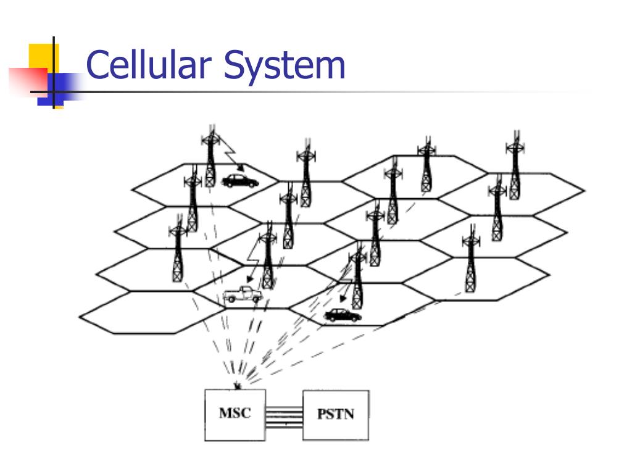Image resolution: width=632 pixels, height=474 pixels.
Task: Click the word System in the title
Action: [x=285, y=66]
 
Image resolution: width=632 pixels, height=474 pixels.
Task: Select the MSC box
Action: [x=235, y=415]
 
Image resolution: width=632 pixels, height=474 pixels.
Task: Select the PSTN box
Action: [x=336, y=415]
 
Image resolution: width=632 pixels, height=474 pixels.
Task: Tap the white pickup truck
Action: [x=242, y=294]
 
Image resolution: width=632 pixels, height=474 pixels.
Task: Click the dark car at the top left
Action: [x=239, y=181]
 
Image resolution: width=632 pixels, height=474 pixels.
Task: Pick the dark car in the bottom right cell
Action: [x=343, y=315]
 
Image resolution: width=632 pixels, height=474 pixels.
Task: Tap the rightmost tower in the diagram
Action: [x=515, y=165]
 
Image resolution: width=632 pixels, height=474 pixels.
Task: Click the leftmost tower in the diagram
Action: [x=178, y=253]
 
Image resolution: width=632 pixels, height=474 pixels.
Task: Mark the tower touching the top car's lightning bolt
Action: [x=210, y=157]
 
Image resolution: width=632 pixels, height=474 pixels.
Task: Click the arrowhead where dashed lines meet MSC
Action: [x=238, y=386]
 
